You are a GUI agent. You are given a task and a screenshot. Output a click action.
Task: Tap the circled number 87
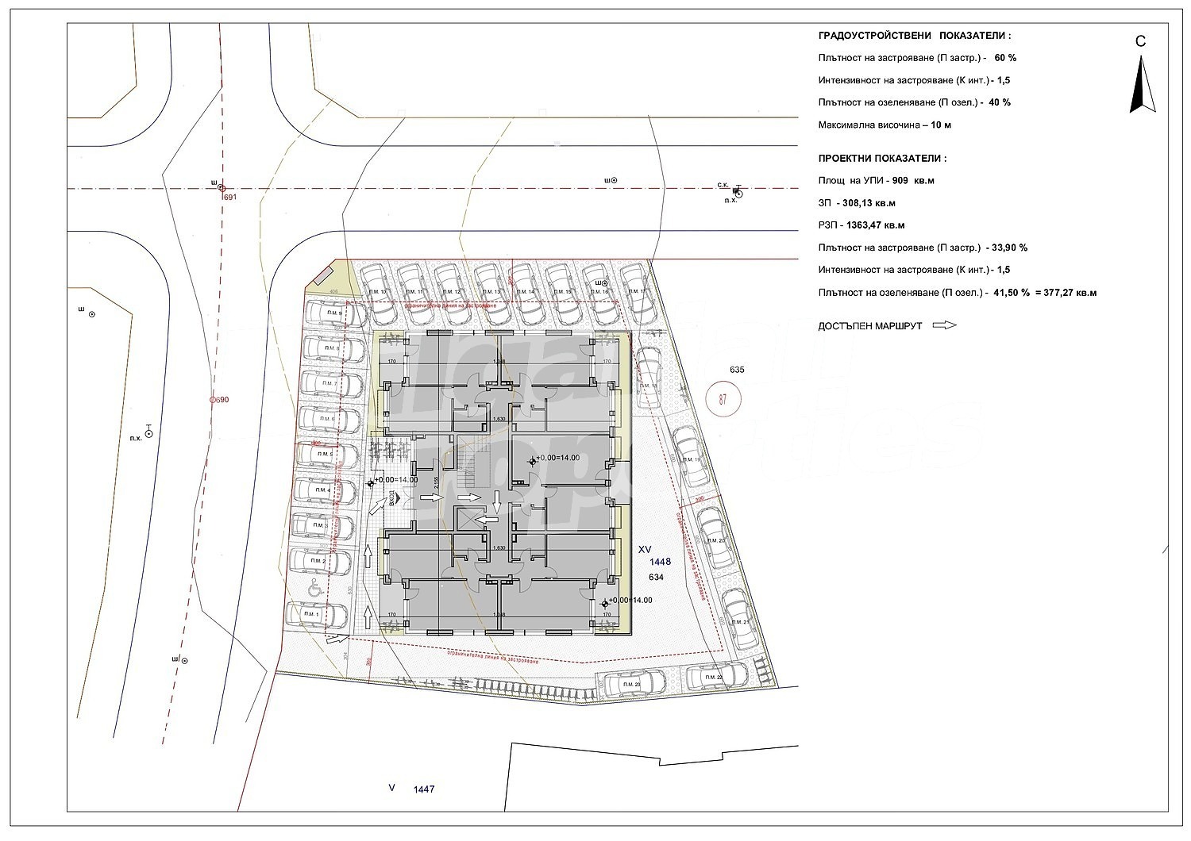pos(722,399)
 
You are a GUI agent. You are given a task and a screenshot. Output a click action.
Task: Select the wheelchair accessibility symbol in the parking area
pos(314,589)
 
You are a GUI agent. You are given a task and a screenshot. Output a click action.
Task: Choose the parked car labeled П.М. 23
pos(632,682)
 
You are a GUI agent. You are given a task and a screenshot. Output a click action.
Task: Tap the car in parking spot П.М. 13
pos(492,292)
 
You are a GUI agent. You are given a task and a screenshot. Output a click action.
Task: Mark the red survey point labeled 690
pos(212,400)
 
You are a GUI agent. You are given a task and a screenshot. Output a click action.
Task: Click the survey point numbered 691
pos(222,188)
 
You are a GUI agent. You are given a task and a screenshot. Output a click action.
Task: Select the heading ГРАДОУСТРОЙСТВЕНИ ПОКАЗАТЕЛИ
pos(915,36)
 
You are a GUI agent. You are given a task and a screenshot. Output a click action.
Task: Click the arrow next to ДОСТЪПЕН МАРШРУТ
pos(945,326)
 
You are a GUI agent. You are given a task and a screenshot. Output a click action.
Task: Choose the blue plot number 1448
pos(659,562)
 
